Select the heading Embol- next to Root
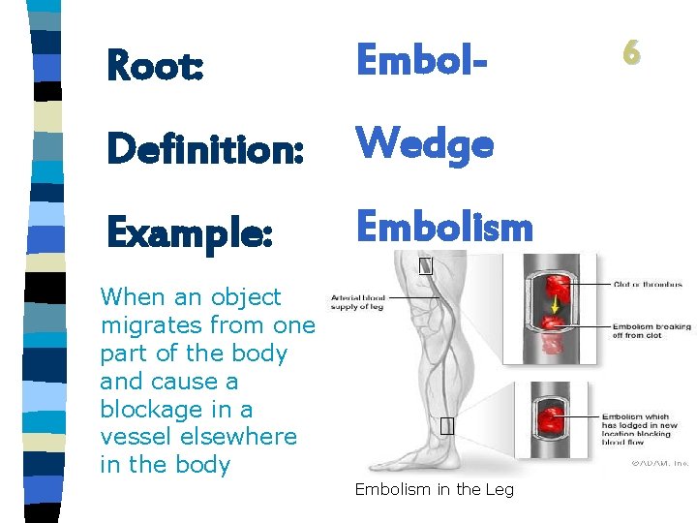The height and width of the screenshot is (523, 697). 418,60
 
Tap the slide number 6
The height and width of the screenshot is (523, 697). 631,54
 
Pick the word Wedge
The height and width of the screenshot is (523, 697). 425,145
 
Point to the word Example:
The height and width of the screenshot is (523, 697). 189,231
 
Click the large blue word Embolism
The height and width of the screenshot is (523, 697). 444,228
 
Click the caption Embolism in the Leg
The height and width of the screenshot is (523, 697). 434,489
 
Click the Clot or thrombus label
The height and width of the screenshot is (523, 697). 648,285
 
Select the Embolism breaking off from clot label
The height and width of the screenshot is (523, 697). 652,332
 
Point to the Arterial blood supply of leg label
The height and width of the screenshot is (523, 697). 358,303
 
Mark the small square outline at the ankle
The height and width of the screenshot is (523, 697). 445,426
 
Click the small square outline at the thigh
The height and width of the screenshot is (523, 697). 425,266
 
